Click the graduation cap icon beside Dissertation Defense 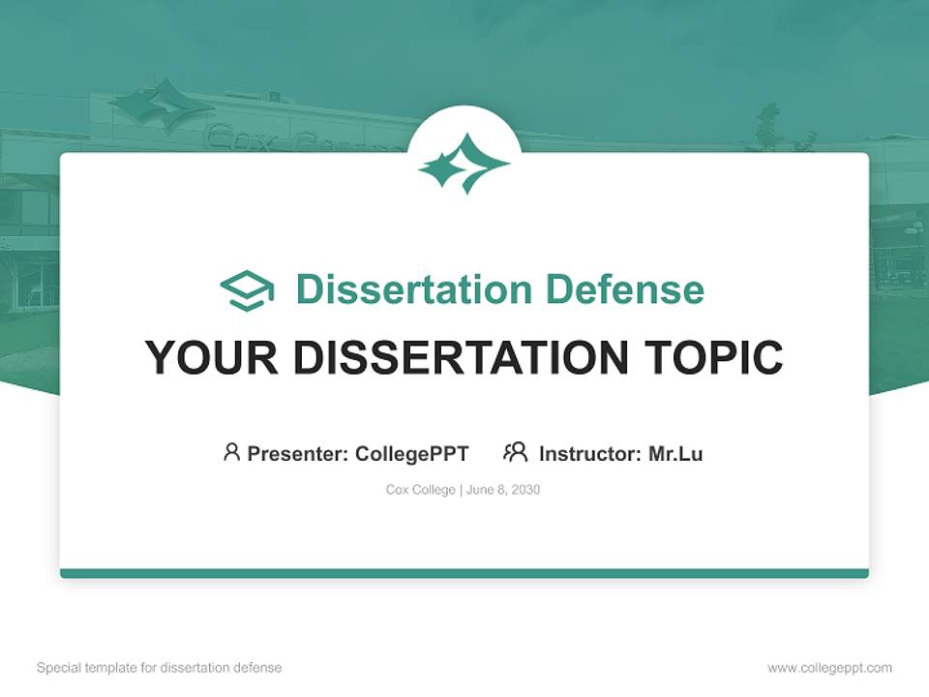(247, 290)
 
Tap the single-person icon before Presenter (231, 452)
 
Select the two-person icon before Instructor (515, 452)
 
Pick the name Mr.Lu (675, 453)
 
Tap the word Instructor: (590, 453)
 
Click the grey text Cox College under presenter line (420, 490)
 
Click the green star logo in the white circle (464, 163)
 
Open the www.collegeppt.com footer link (829, 668)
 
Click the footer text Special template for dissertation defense (159, 668)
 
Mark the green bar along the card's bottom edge (464, 573)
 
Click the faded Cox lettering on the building (239, 141)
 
